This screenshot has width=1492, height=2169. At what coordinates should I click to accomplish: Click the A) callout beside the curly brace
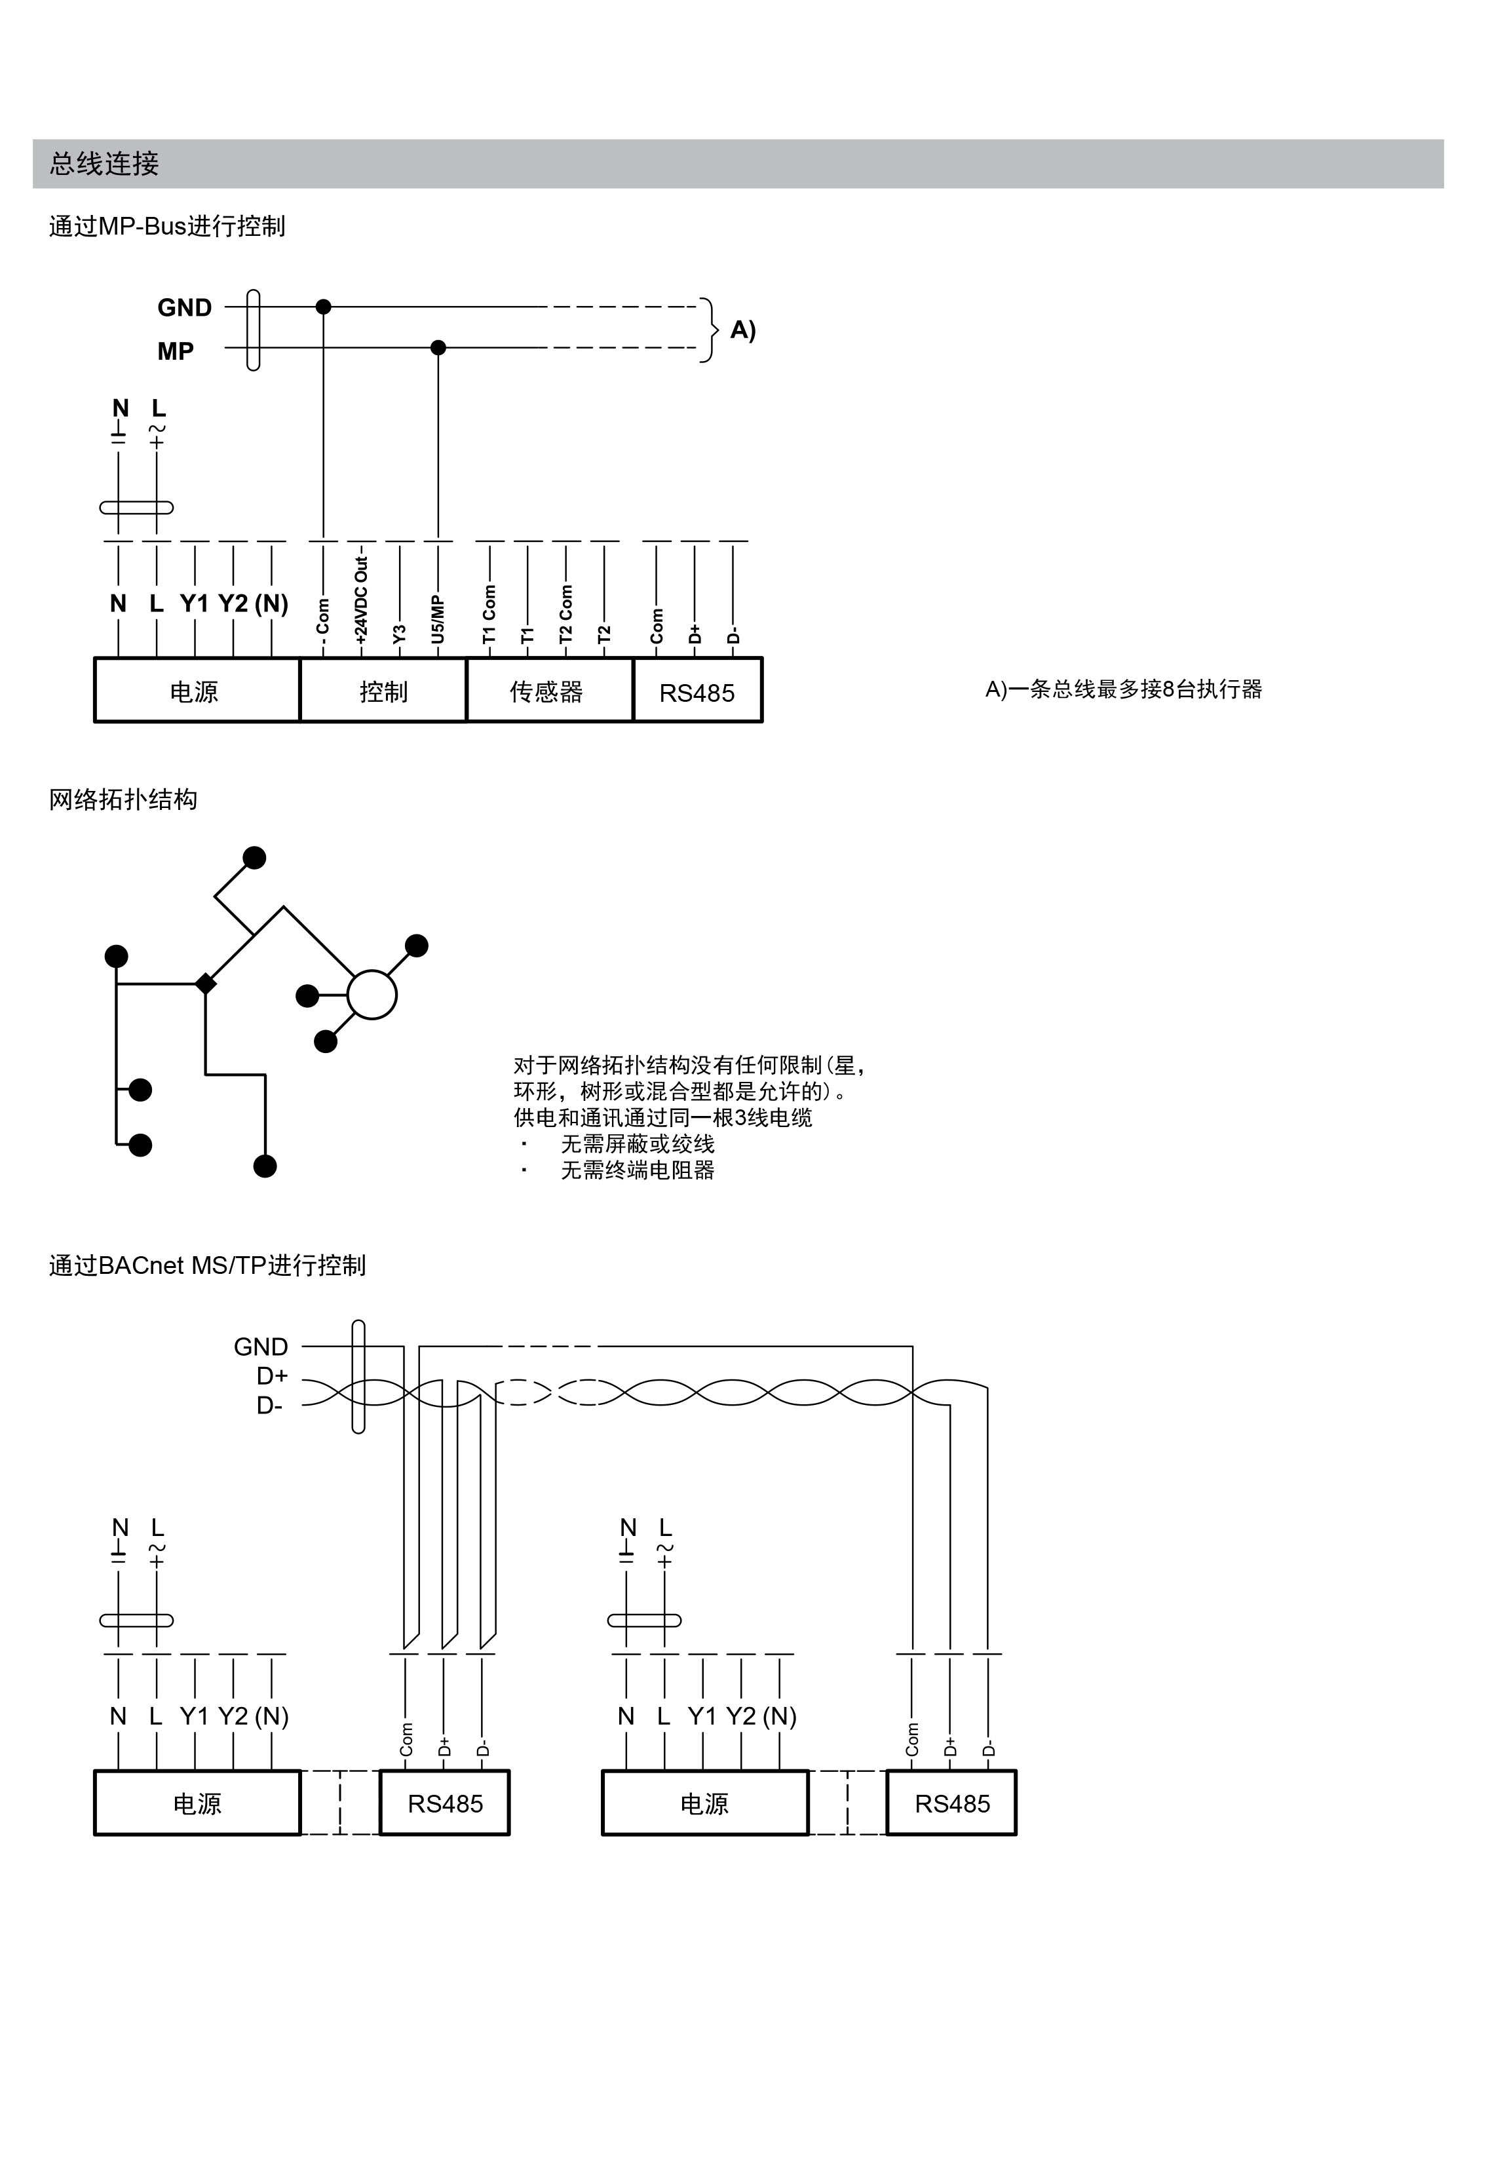pos(742,330)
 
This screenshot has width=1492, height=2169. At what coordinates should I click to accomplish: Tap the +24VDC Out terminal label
pos(362,598)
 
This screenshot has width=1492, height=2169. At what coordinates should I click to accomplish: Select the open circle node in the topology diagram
pos(372,994)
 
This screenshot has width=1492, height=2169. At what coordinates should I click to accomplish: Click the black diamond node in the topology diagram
pos(206,984)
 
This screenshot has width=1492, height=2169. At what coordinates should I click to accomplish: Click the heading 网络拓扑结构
pos(123,800)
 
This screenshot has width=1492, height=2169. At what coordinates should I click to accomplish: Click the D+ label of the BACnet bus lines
pos(272,1376)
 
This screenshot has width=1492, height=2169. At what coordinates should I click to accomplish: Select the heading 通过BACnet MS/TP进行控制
pos(206,1266)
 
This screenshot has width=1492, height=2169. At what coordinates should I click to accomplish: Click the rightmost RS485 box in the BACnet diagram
pos(951,1805)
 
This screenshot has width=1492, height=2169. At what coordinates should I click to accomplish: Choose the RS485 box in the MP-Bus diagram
pos(697,693)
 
